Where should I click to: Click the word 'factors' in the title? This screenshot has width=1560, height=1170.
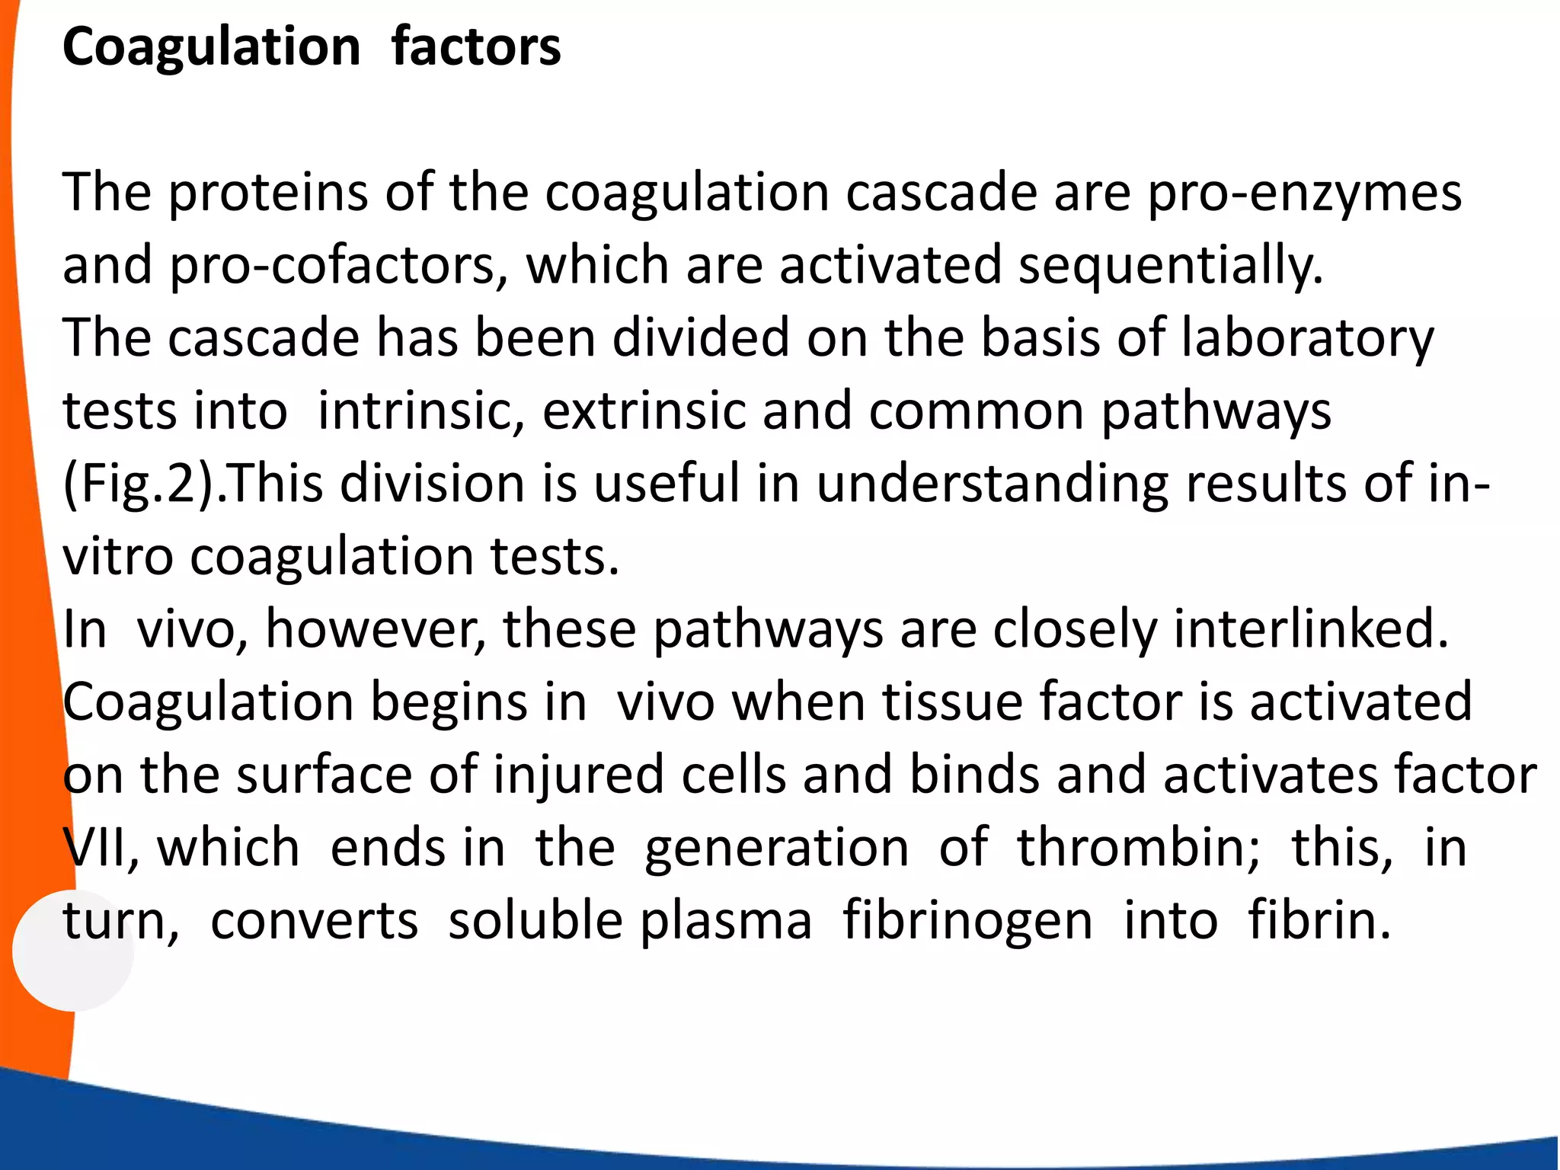(476, 47)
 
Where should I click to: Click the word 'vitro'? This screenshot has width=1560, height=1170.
(118, 557)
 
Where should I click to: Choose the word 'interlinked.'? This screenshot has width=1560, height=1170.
(1310, 630)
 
